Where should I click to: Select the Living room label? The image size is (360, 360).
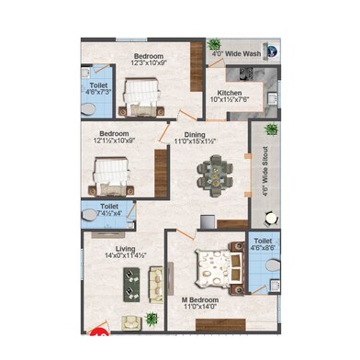coord(126,247)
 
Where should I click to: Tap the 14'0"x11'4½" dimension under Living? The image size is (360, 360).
coord(126,255)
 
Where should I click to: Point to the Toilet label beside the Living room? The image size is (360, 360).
coord(109,208)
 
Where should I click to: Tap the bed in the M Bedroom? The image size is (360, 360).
coord(219,267)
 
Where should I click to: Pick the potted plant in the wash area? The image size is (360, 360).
coord(215,44)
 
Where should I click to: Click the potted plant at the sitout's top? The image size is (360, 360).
coord(270,129)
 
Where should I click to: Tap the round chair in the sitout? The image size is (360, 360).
coord(270,219)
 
